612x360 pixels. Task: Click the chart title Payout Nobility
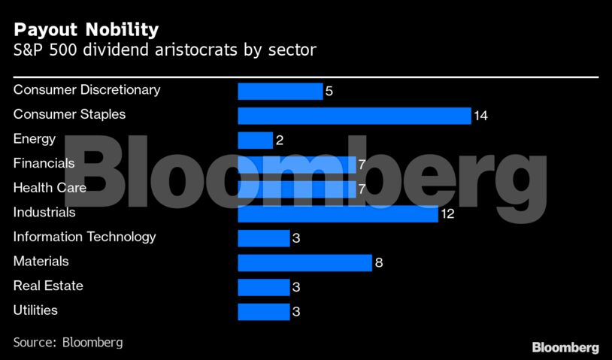pos(86,29)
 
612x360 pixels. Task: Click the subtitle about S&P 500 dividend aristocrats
pos(165,51)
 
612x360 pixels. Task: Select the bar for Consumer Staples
pos(354,116)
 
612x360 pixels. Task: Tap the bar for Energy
pos(255,141)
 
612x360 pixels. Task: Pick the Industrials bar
pos(338,214)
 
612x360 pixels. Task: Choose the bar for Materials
pos(304,263)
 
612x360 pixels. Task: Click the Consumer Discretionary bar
pos(280,92)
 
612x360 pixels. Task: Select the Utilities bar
pos(263,312)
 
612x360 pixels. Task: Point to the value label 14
pos(481,116)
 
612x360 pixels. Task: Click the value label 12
pos(448,214)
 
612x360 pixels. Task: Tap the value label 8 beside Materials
pos(379,263)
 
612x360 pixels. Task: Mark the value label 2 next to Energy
pos(280,141)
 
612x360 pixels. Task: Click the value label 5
pos(329,92)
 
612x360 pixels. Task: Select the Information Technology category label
pos(84,237)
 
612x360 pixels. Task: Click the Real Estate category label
pos(48,286)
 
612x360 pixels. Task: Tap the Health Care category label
pos(50,188)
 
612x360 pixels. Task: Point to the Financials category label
pos(44,163)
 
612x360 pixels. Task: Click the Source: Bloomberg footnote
pos(68,343)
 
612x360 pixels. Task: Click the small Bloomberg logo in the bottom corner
pos(565,347)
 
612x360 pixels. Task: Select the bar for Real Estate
pos(263,287)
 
